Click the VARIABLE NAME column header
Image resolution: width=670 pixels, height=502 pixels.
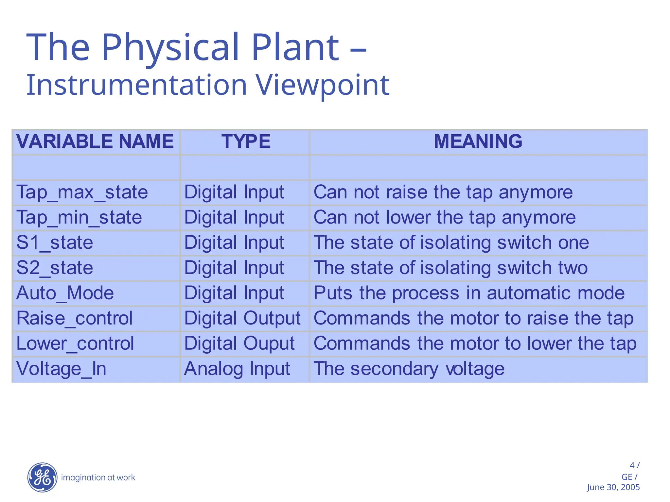(x=95, y=142)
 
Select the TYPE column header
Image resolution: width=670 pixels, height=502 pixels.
(x=246, y=142)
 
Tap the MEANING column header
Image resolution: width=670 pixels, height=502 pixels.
(x=478, y=142)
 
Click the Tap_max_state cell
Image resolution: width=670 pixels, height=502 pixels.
(x=82, y=192)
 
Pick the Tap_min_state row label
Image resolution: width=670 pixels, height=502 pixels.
(x=79, y=218)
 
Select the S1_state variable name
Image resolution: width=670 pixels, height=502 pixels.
(x=55, y=243)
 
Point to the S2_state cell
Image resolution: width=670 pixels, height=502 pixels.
(x=55, y=268)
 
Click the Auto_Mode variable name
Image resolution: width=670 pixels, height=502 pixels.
(x=65, y=293)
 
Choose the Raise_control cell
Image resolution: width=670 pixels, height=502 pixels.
(x=75, y=318)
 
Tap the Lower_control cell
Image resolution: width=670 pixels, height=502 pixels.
(x=75, y=343)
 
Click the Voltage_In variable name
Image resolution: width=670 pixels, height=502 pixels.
(x=62, y=369)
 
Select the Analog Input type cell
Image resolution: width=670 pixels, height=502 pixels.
(x=237, y=369)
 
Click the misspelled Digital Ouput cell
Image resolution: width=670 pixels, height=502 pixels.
(x=239, y=343)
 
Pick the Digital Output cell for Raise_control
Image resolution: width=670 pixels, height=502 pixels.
(x=242, y=318)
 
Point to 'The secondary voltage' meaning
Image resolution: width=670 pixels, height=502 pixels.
(x=409, y=369)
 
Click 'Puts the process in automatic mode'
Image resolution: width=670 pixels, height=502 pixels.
(x=469, y=293)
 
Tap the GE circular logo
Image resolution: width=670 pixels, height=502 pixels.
(x=43, y=477)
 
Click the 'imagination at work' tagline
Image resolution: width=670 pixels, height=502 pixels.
(x=98, y=477)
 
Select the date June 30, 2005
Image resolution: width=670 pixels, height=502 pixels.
(x=613, y=487)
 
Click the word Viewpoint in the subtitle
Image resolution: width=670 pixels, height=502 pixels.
(x=322, y=85)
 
